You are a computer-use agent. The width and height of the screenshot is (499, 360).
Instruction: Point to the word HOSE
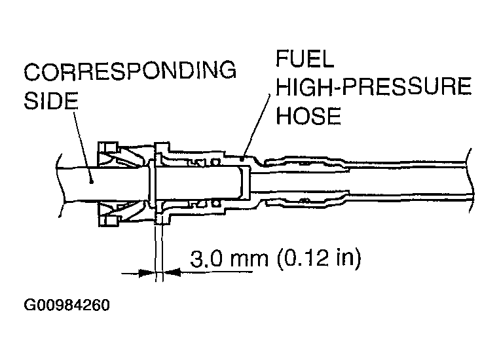click(x=308, y=117)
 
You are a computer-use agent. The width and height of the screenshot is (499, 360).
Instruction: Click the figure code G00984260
click(x=67, y=306)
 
